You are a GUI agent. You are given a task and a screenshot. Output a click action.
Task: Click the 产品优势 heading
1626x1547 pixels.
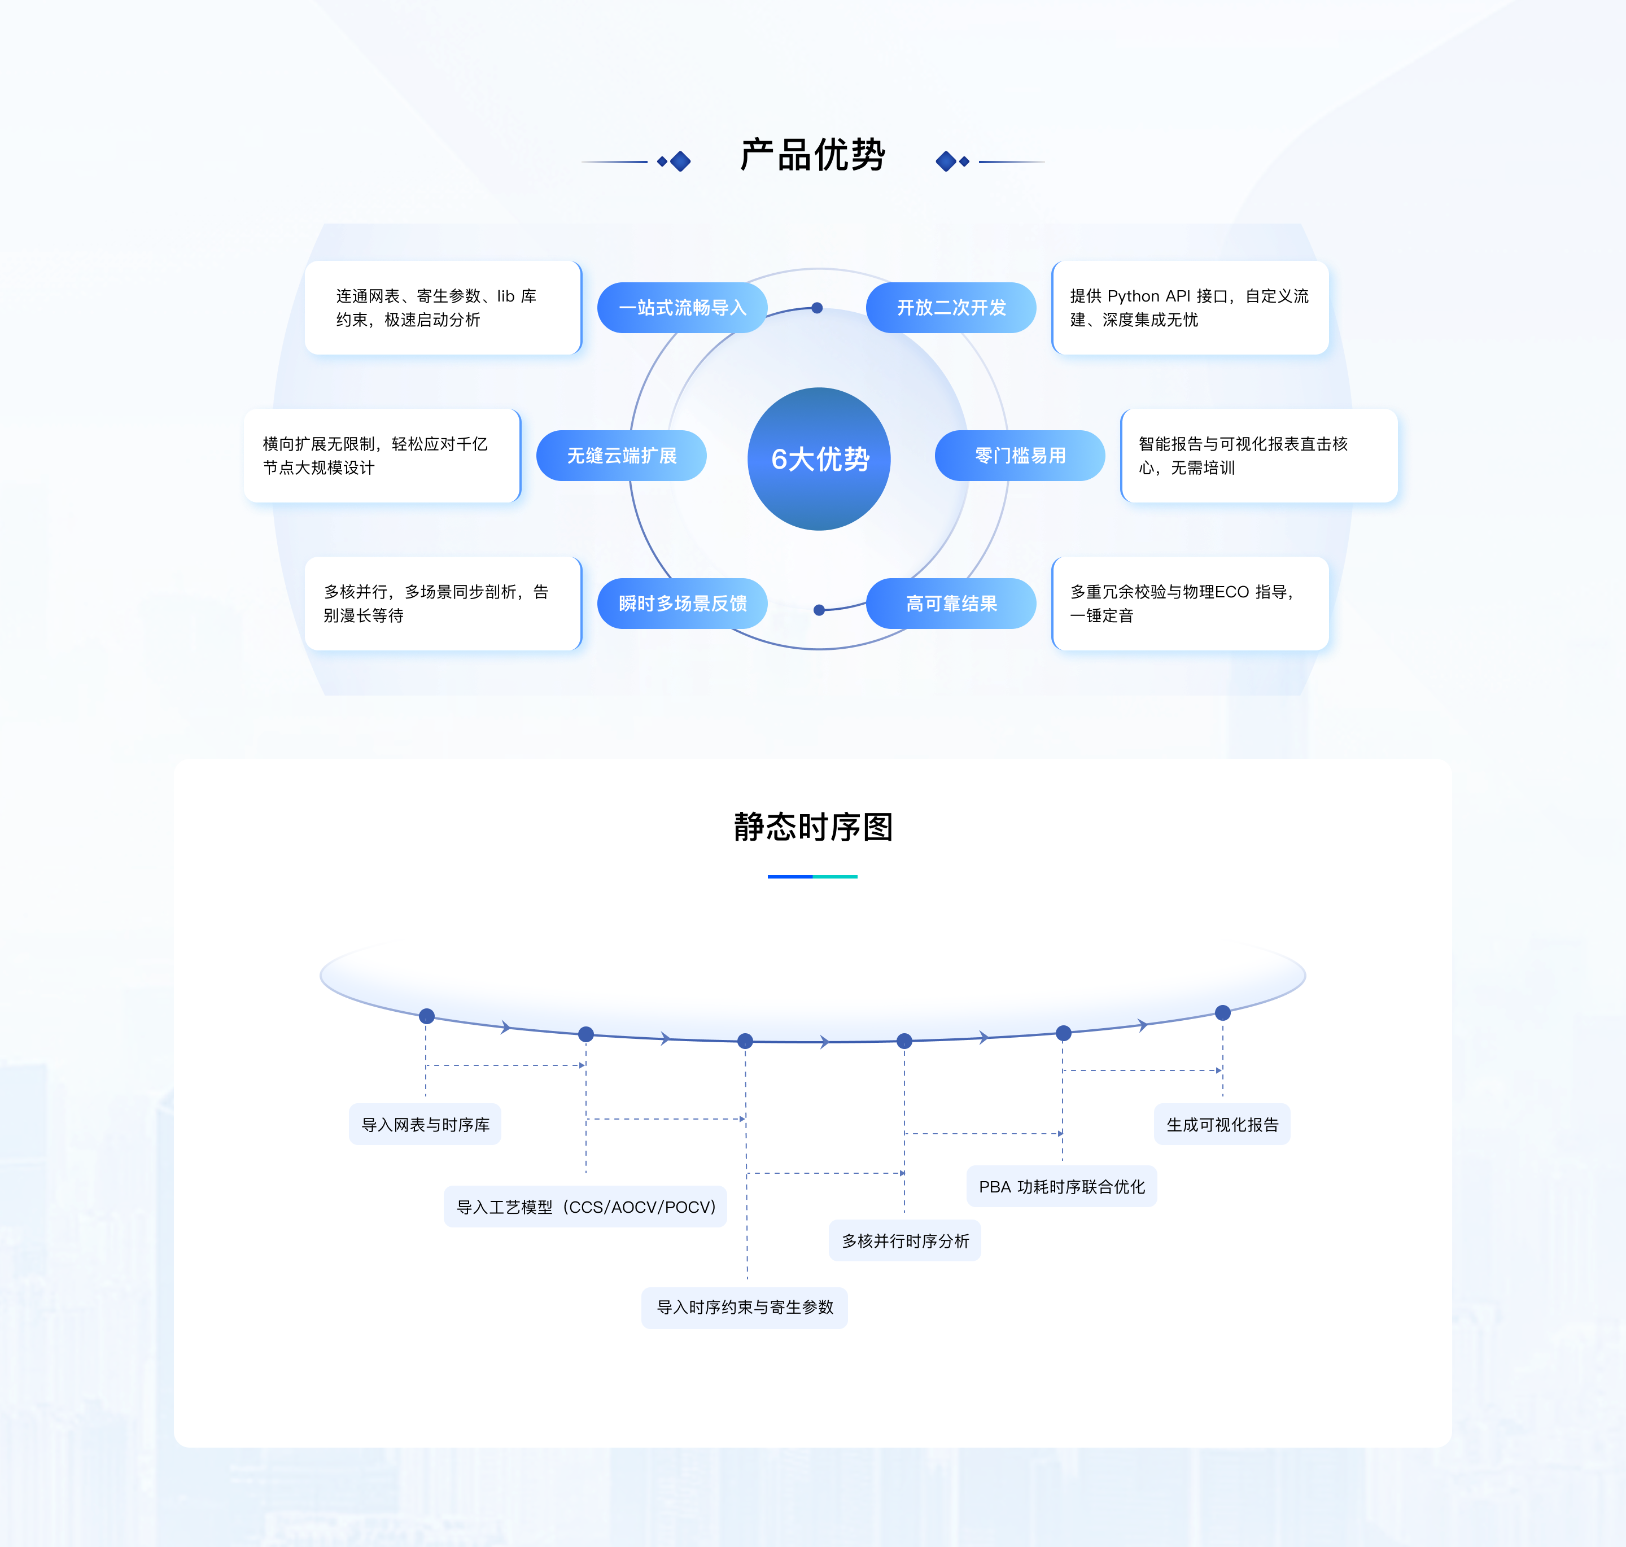click(812, 155)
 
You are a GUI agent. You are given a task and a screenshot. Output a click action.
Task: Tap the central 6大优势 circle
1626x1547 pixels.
click(819, 458)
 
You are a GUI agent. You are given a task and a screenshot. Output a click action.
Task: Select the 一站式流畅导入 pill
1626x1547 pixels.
click(682, 308)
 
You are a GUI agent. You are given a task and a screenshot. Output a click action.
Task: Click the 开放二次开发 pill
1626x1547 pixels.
click(951, 308)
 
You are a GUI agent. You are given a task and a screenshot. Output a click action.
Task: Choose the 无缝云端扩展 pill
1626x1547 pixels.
click(621, 455)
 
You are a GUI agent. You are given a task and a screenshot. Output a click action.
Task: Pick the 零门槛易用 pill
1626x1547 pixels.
click(1020, 455)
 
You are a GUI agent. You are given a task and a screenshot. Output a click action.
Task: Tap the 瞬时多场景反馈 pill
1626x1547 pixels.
click(682, 604)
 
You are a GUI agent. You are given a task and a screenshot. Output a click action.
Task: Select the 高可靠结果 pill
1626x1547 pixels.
click(951, 604)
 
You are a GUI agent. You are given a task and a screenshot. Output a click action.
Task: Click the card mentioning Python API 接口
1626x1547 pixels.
click(1190, 308)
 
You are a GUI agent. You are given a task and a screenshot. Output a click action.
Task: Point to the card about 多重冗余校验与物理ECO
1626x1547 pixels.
click(1190, 604)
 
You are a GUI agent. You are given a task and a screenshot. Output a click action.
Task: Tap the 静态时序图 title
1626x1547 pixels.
click(813, 827)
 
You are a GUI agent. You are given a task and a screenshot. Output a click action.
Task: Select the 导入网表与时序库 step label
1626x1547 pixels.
click(426, 1124)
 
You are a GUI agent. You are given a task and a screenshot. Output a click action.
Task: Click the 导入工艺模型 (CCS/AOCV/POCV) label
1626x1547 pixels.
click(585, 1207)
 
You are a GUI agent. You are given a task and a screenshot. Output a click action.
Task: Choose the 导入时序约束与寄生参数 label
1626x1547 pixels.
click(745, 1307)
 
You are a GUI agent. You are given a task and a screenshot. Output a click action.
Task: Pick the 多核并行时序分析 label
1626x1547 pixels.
click(904, 1240)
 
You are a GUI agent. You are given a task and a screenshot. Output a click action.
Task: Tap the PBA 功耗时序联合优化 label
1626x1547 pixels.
click(1062, 1187)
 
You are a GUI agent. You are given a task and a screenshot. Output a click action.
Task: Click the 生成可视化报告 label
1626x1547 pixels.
click(1222, 1124)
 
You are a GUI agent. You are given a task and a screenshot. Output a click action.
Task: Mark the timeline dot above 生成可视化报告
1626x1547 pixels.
click(1223, 1013)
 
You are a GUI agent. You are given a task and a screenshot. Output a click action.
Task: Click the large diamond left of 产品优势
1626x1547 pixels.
click(680, 161)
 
